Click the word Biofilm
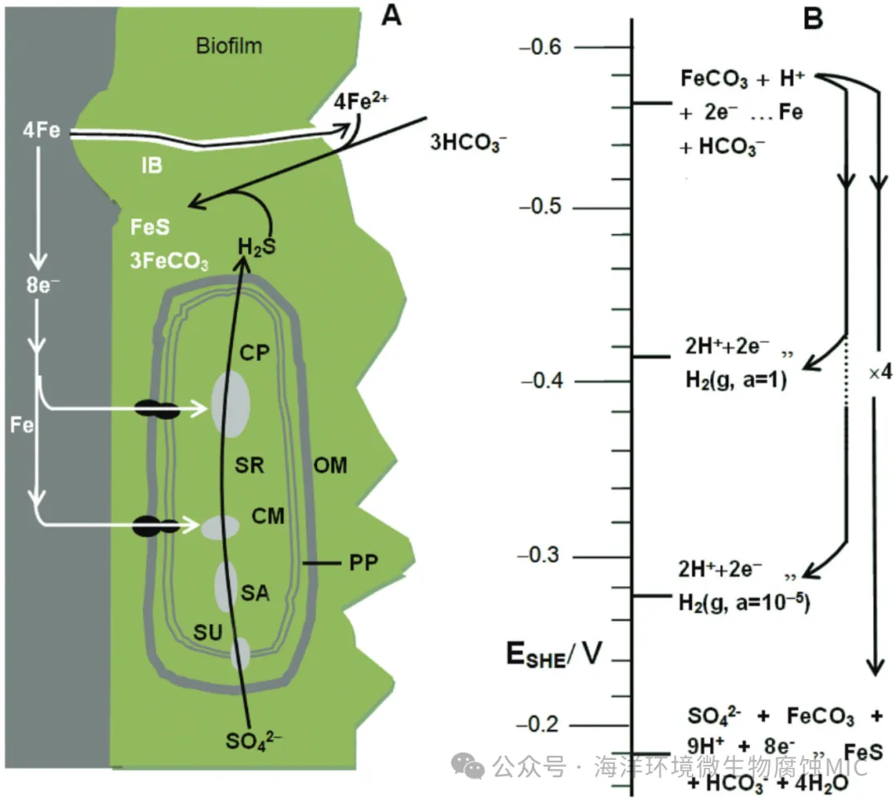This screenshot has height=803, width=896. click(229, 45)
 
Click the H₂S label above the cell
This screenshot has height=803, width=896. click(256, 246)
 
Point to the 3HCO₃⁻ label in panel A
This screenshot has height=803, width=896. click(465, 141)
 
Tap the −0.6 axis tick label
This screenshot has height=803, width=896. click(540, 46)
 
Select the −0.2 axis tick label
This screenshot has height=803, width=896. click(540, 725)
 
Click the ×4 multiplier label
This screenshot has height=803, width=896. click(874, 373)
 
